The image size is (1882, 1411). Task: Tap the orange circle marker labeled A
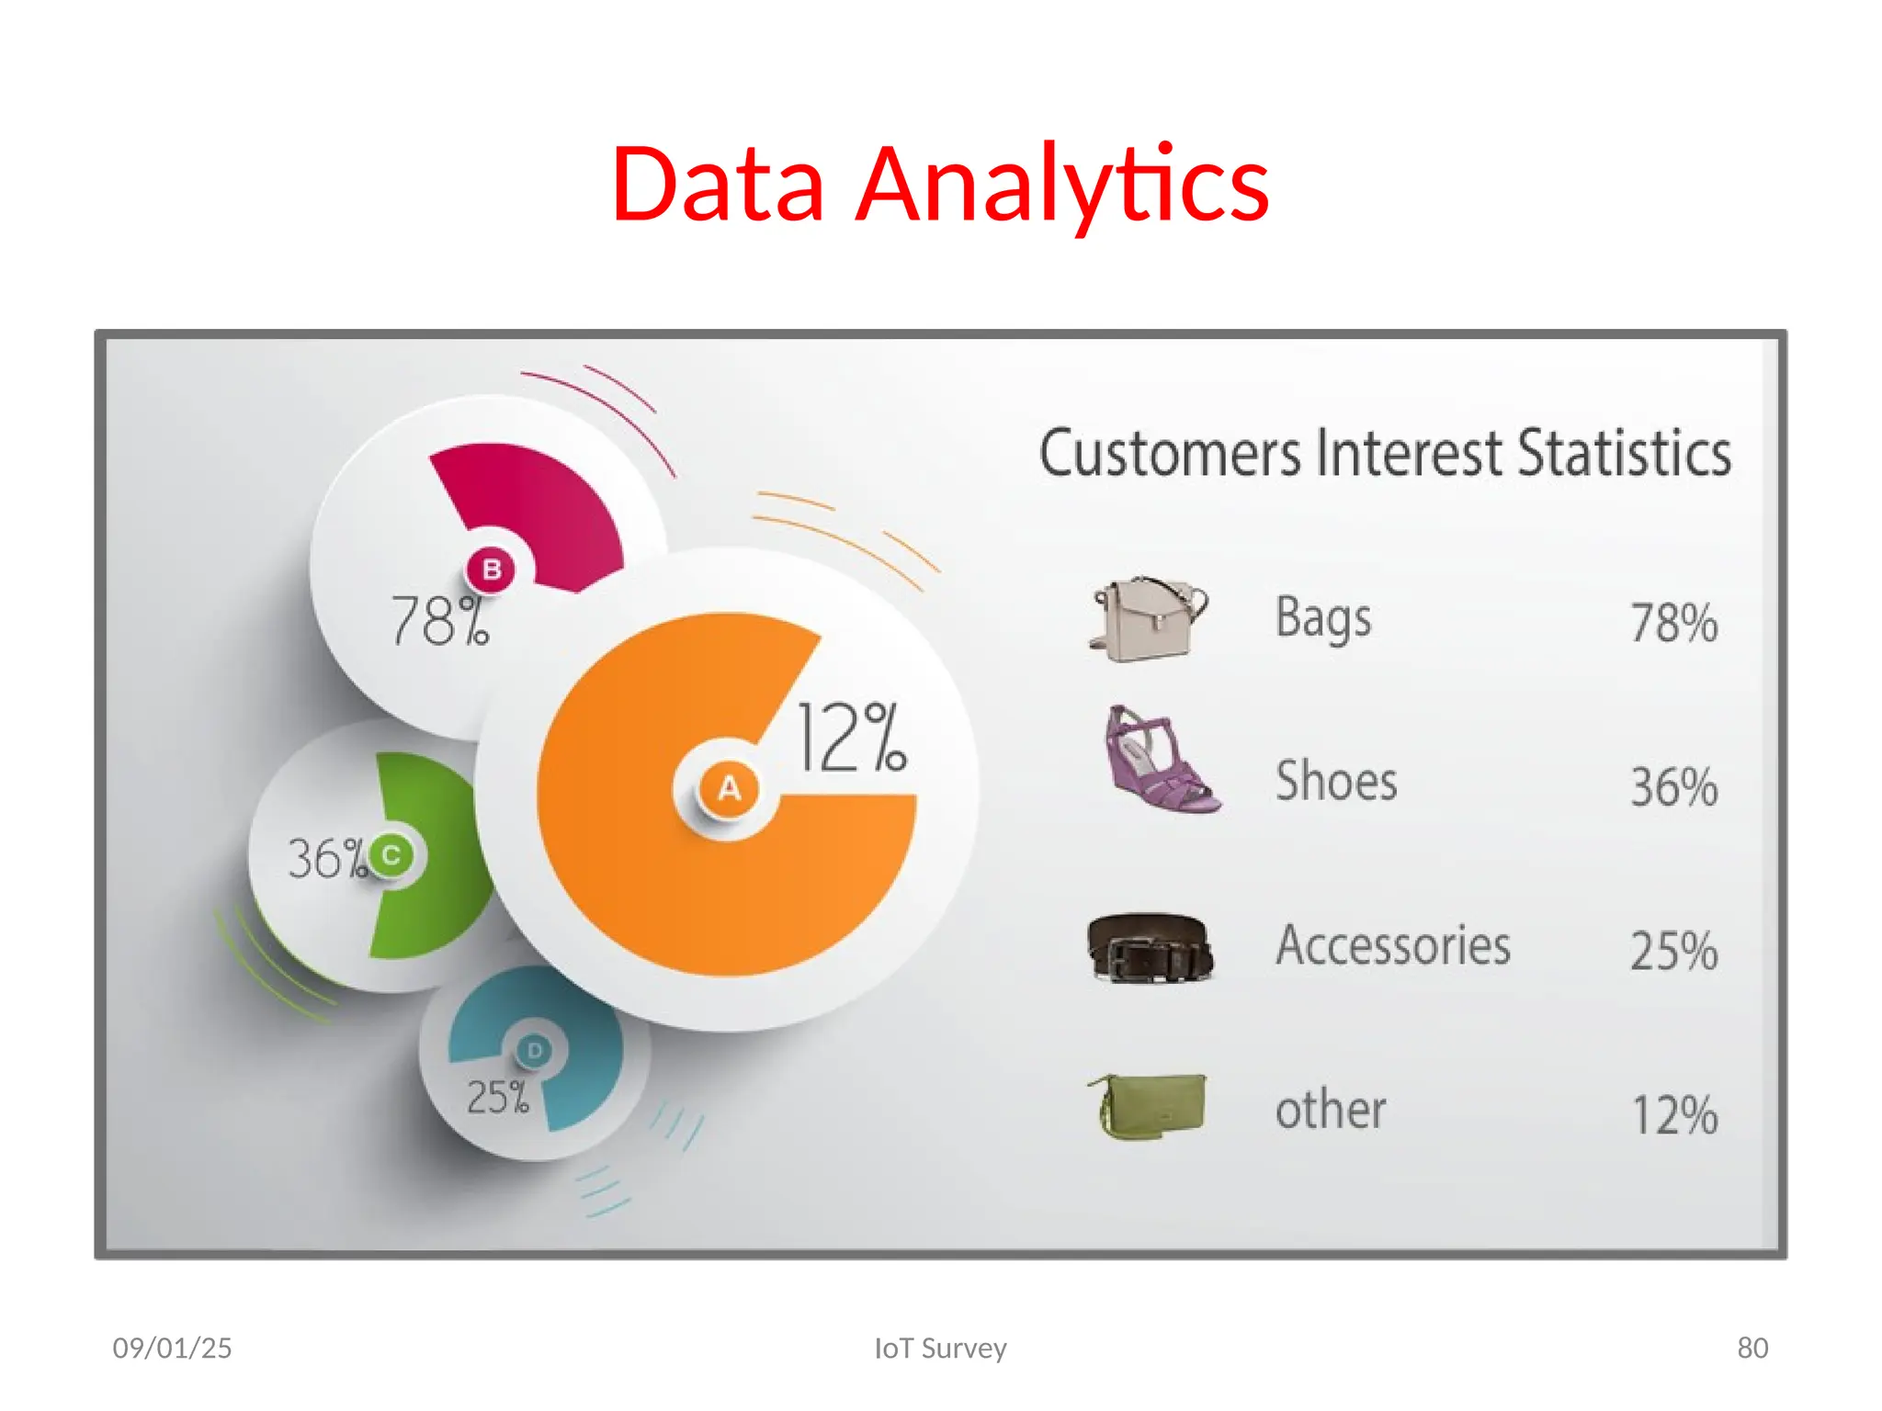click(x=729, y=788)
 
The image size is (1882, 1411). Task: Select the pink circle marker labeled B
click(x=492, y=570)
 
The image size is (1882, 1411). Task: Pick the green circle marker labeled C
click(x=391, y=855)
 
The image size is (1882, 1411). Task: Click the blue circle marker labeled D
click(x=535, y=1050)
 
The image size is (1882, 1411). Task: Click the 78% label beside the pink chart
click(x=440, y=621)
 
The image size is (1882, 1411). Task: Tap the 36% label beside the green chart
click(x=326, y=859)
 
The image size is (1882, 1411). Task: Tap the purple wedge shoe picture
click(x=1160, y=762)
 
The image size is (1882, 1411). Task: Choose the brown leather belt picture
click(x=1150, y=947)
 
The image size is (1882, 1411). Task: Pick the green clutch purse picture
click(x=1150, y=1106)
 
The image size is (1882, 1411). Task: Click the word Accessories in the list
click(x=1392, y=946)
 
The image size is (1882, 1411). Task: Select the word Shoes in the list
click(x=1336, y=782)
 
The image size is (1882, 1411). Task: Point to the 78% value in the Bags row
click(x=1673, y=623)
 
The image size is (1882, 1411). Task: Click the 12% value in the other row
click(x=1673, y=1115)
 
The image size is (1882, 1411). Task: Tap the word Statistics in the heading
click(x=1624, y=453)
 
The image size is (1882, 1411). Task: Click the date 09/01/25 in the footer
click(x=172, y=1348)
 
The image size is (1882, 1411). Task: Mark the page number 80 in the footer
click(x=1752, y=1348)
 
